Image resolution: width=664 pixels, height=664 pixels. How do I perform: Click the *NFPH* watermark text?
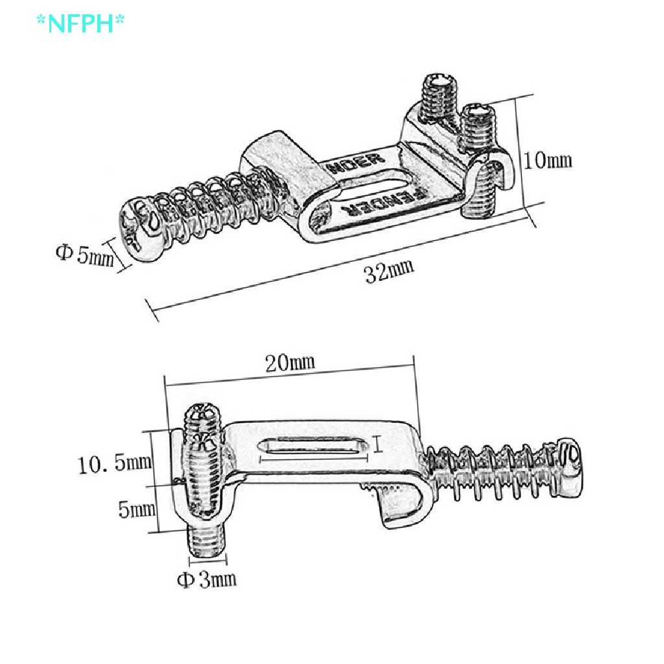click(80, 23)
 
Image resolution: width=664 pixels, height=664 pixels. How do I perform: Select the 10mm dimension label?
click(548, 160)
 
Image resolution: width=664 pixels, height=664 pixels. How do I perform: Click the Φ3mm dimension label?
click(207, 578)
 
